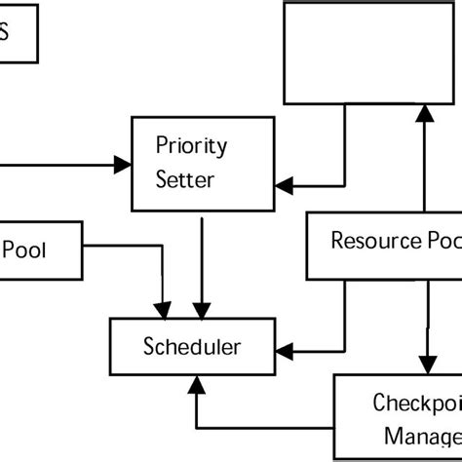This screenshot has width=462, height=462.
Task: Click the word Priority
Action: (191, 146)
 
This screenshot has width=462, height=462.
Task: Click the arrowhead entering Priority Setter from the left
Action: (124, 166)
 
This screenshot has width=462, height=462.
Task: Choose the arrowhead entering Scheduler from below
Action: (196, 385)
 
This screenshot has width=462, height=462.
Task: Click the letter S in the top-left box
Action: (5, 31)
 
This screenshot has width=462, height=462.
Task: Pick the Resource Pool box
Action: (385, 244)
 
